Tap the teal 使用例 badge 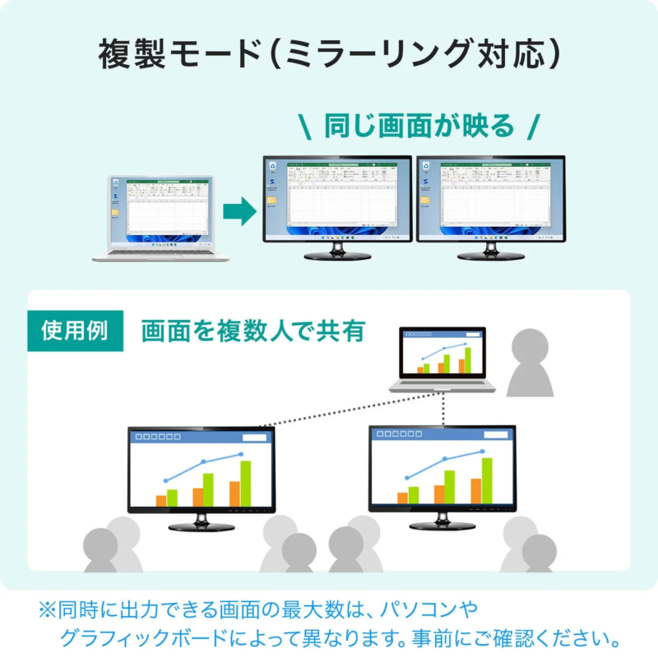tap(75, 331)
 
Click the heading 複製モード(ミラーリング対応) tap(329, 55)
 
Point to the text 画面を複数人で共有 tap(253, 331)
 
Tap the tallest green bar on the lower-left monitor tap(245, 483)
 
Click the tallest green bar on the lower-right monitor tap(486, 480)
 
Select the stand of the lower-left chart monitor tap(201, 522)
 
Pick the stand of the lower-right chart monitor tap(442, 521)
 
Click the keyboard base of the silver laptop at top tap(160, 253)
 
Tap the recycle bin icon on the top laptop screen tap(117, 184)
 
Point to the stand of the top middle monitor tap(336, 252)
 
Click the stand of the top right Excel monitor tap(490, 252)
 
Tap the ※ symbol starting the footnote tap(46, 610)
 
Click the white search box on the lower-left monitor tap(253, 438)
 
